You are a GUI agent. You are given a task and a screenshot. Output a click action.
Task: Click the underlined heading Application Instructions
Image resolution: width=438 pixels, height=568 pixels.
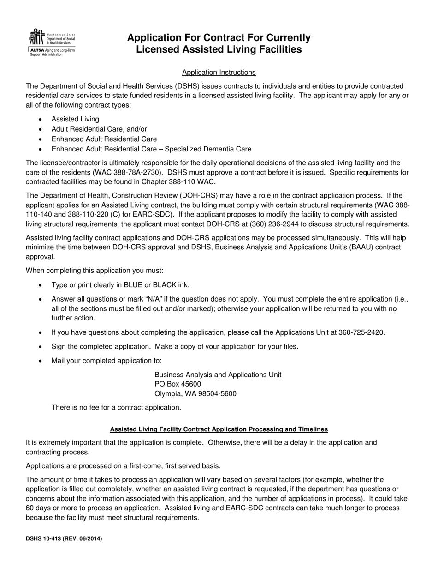(219, 73)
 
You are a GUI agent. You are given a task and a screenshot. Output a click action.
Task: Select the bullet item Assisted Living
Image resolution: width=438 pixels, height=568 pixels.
(75, 119)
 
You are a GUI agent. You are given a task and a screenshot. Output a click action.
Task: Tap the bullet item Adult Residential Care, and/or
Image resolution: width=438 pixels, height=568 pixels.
(99, 129)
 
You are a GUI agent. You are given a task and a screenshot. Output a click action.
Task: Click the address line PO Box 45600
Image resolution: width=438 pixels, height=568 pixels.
(178, 384)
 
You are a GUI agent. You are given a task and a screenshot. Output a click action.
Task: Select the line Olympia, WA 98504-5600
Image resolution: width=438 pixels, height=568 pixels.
(195, 394)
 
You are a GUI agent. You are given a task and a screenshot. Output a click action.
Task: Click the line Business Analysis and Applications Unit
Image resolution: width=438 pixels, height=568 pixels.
(218, 375)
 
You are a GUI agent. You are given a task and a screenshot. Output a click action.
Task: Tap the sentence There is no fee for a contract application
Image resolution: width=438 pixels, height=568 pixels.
(116, 407)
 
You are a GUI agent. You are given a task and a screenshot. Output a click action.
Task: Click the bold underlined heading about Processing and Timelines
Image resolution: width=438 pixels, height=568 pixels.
(219, 429)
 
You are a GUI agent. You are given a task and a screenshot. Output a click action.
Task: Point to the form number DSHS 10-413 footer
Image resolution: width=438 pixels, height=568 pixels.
(64, 538)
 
